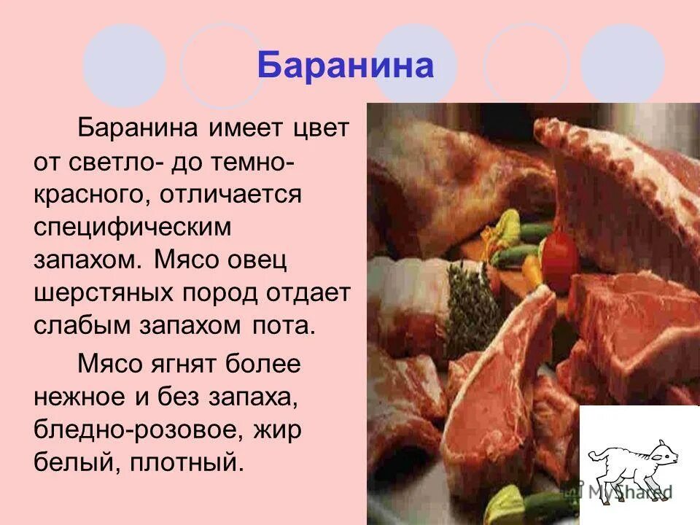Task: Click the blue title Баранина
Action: (345, 66)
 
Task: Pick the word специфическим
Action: (132, 227)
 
